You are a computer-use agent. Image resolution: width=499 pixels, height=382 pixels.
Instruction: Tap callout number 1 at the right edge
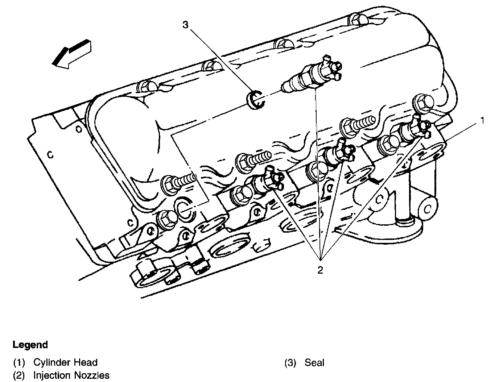click(482, 120)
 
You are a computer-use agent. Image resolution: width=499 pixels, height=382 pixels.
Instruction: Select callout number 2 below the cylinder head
click(320, 270)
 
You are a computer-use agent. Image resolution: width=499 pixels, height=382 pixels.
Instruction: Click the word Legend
click(30, 345)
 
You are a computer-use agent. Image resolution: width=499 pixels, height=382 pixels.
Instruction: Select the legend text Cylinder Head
click(65, 362)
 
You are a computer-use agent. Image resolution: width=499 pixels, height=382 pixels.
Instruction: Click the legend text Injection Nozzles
click(71, 375)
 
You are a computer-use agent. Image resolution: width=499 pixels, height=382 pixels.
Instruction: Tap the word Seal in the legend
click(314, 362)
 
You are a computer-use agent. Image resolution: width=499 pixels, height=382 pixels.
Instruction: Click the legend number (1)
click(19, 362)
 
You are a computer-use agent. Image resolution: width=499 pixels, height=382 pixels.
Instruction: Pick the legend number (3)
click(290, 362)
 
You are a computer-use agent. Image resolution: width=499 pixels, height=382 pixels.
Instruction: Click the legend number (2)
click(19, 375)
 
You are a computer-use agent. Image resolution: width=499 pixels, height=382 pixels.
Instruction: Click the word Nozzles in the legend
click(92, 375)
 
